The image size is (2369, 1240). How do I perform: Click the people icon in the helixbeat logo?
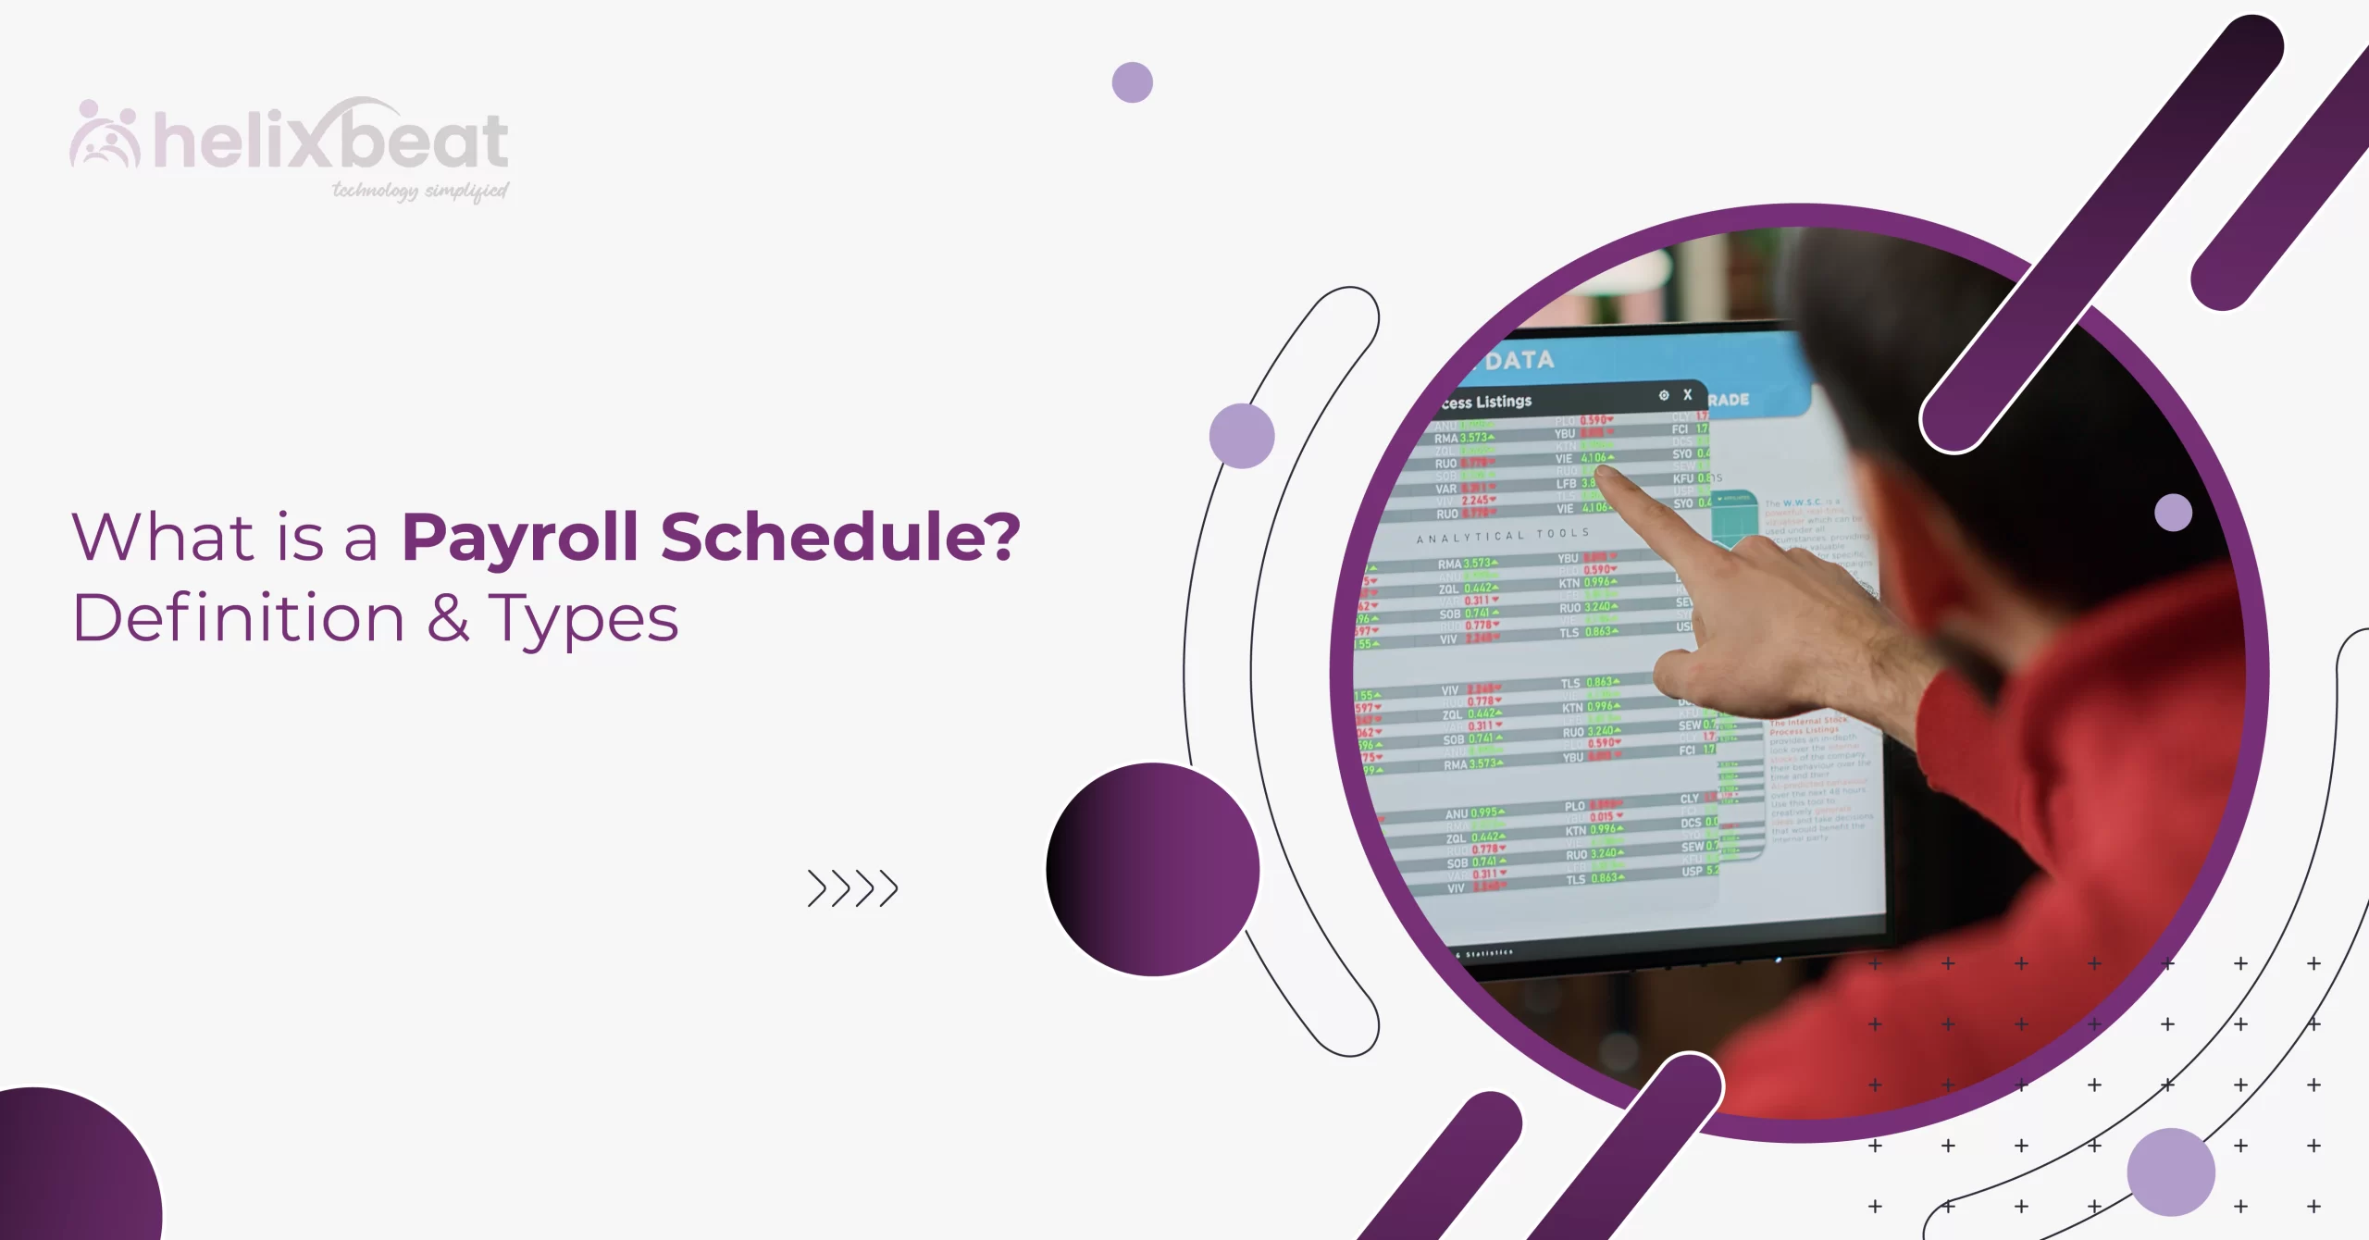coord(105,137)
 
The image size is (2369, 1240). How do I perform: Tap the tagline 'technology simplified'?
coord(420,191)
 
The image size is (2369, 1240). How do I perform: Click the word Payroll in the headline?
coord(520,538)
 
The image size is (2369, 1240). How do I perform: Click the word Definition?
coord(239,618)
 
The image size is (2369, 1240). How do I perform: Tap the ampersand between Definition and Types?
coord(448,617)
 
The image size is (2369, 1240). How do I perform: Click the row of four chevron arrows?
coord(852,888)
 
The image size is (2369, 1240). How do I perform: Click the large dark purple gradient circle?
coord(1153,869)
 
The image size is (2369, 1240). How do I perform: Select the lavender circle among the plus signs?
coord(2170,1172)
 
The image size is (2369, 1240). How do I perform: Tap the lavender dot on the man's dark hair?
coord(2173,513)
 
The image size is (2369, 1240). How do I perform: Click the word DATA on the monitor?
coord(1519,359)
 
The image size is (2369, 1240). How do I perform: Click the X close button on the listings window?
coord(1687,394)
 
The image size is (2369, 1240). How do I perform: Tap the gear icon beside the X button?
coord(1663,395)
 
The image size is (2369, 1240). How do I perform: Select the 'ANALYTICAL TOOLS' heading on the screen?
coord(1503,536)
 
